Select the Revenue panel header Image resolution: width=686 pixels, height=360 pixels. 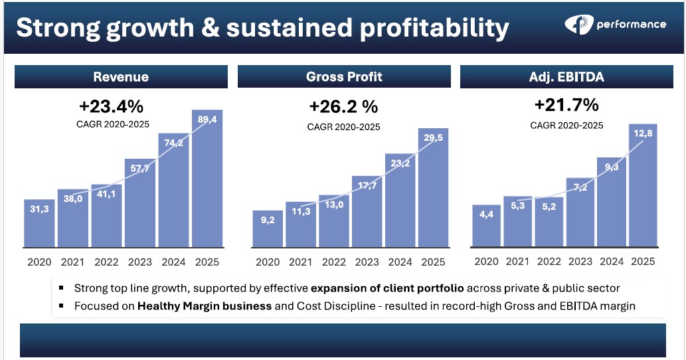point(121,77)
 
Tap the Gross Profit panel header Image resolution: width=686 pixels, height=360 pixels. point(344,77)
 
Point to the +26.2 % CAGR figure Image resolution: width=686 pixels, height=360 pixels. point(343,107)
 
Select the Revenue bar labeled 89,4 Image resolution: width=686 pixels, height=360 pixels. point(207,179)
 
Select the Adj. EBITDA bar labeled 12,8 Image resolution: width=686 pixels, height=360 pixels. point(642,186)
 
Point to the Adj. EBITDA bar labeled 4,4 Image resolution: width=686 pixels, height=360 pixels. point(487,226)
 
